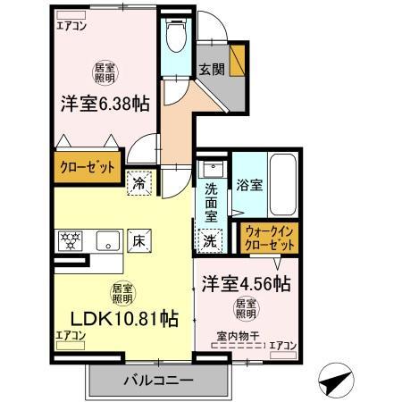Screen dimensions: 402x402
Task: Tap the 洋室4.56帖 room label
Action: pyautogui.click(x=245, y=285)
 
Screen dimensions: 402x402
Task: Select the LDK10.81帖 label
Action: pyautogui.click(x=118, y=319)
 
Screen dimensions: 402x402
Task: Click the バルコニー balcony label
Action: pyautogui.click(x=157, y=381)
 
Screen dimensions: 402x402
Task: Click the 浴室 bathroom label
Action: pyautogui.click(x=249, y=186)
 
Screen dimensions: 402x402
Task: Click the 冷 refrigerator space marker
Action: pyautogui.click(x=140, y=182)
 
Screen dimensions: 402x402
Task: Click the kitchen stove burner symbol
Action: pyautogui.click(x=71, y=239)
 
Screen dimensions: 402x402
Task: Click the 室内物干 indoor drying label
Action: pyautogui.click(x=234, y=336)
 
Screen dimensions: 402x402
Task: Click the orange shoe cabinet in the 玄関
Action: pyautogui.click(x=238, y=63)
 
